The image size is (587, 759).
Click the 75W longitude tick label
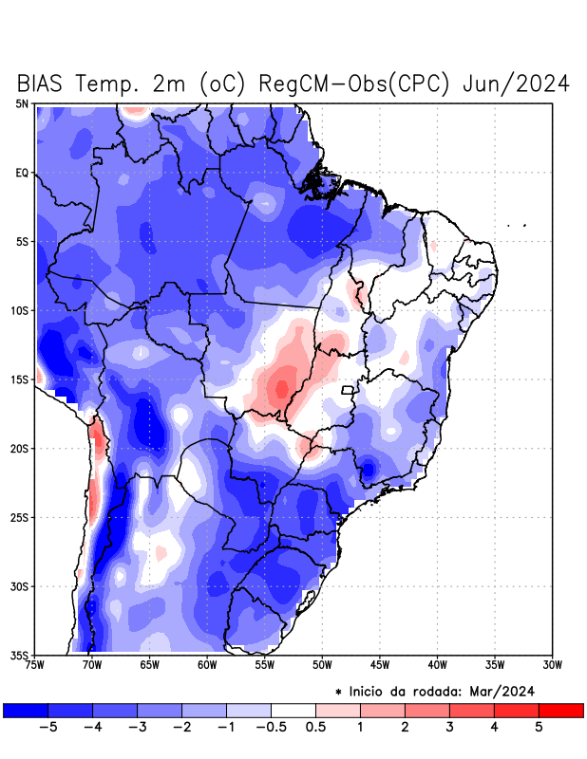click(34, 665)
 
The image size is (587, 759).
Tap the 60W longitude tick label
click(207, 665)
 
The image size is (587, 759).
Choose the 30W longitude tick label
click(552, 665)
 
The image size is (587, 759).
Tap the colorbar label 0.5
click(316, 728)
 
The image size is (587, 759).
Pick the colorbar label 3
click(449, 728)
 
